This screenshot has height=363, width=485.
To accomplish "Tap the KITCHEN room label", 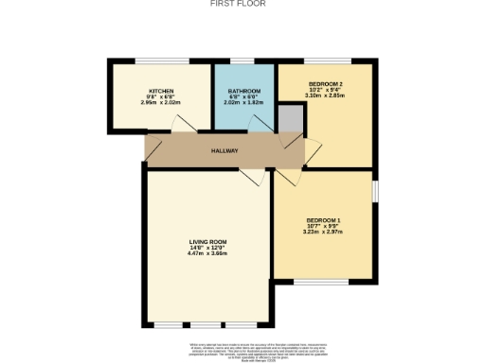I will click(x=160, y=91).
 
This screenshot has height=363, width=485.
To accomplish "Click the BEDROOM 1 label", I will click(x=323, y=220).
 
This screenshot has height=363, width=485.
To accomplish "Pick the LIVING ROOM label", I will click(x=207, y=242).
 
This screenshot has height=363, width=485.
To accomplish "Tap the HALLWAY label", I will click(x=225, y=150).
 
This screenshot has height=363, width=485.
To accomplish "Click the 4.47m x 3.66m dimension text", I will click(x=207, y=254).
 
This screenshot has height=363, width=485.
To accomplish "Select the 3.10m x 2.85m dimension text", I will click(x=325, y=96).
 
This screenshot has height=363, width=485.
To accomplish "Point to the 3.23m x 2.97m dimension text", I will click(x=323, y=233).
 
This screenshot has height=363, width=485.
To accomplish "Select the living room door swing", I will click(x=253, y=176).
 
